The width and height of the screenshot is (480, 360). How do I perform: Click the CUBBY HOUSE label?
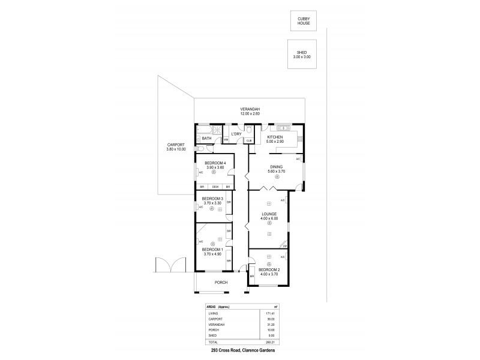tap(304, 20)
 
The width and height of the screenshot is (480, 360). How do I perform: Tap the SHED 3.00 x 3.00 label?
tap(302, 55)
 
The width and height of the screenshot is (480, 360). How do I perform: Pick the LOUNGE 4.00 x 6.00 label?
tap(268, 217)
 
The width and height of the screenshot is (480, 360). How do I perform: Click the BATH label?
tap(206, 139)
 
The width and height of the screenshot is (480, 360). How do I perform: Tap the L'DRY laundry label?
tap(236, 133)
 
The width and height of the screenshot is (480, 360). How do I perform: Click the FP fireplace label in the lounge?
tap(285, 246)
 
